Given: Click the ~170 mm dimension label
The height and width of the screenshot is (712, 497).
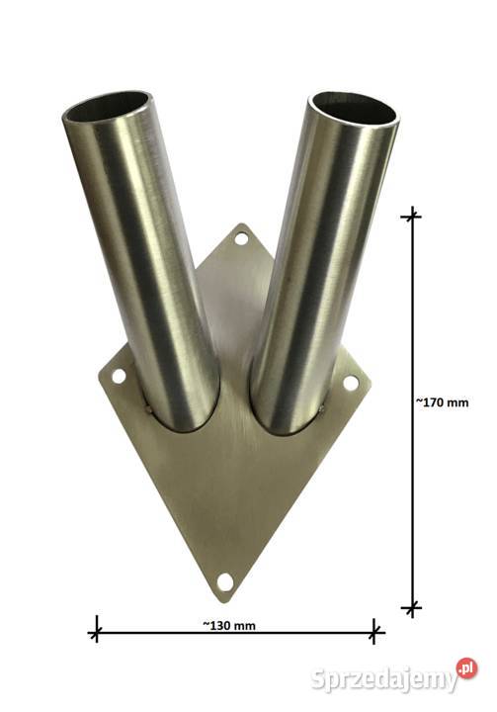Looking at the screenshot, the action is pos(442,402).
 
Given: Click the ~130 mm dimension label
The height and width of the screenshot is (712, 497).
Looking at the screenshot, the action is pos(229,626).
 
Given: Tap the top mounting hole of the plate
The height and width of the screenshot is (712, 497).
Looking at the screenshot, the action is pos(241,237).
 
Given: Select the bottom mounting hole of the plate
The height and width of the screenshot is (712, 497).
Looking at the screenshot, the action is pos(224,581).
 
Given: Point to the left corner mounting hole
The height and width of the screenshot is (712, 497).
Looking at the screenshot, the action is pos(119,376).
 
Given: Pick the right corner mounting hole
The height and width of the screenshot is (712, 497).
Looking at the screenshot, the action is pos(350,383).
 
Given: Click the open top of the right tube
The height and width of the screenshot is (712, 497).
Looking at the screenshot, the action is pos(356,108).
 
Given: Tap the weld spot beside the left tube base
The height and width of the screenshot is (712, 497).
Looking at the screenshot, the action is pos(148,410).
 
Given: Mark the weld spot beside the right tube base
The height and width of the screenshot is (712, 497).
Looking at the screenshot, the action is pos(321,410).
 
